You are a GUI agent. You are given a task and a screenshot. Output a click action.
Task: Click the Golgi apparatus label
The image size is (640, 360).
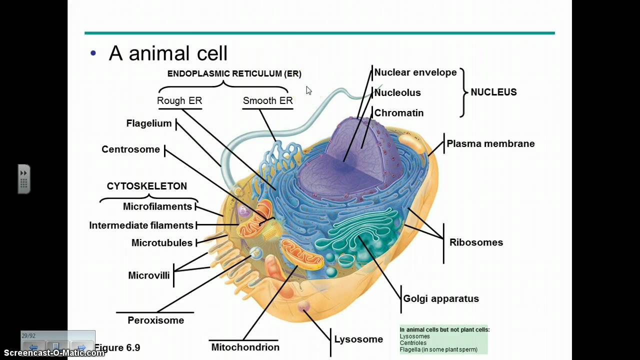point(441,299)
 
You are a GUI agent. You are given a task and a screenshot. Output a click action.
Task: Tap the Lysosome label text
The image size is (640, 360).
point(358,339)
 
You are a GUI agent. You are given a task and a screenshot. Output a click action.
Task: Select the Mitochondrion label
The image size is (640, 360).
point(245,347)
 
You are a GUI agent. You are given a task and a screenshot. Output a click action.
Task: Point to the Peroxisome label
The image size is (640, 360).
point(155,320)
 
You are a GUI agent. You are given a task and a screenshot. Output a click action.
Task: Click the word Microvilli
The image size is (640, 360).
point(149,275)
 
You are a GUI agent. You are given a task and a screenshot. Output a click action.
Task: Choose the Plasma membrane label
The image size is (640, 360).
point(490,144)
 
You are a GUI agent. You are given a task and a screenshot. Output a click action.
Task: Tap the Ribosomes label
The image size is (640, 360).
point(476,242)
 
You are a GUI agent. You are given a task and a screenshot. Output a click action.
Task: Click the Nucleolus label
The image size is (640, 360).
point(397,93)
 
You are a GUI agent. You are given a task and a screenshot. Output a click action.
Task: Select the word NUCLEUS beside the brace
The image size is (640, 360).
point(493,92)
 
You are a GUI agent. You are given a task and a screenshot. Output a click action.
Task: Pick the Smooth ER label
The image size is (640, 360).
point(267,101)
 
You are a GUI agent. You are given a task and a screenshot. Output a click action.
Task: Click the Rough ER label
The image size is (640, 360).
point(179,101)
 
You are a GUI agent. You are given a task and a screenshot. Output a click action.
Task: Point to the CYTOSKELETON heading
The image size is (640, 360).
point(147,186)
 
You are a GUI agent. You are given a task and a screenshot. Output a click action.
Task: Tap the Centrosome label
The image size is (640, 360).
point(130,149)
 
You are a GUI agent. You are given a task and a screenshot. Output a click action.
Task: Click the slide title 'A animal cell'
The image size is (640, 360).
point(168,53)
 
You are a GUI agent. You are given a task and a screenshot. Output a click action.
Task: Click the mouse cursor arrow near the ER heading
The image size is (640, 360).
point(308,90)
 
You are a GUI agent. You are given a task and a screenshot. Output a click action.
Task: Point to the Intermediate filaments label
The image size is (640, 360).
point(141,225)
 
